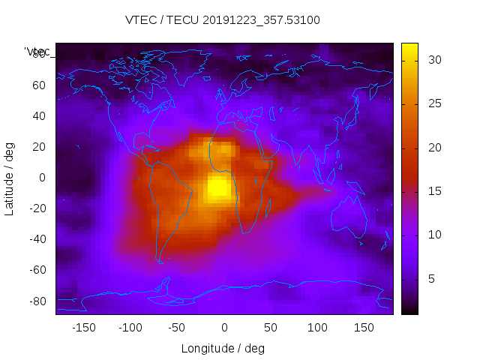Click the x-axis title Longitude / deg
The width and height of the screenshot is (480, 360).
[223, 348]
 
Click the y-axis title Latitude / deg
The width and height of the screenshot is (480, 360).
[10, 178]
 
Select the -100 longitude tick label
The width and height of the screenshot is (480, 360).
[130, 328]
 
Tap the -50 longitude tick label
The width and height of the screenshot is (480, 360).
[177, 328]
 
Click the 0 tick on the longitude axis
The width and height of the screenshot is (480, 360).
[224, 328]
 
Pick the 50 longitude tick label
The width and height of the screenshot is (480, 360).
[271, 328]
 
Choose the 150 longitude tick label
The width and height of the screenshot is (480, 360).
[364, 328]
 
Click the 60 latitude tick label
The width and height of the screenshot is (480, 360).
[39, 85]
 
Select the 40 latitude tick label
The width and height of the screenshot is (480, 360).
[39, 115]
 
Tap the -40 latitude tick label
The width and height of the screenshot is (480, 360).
[37, 239]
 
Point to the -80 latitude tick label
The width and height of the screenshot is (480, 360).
[37, 301]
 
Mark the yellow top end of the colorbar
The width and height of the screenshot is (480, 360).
[409, 46]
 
